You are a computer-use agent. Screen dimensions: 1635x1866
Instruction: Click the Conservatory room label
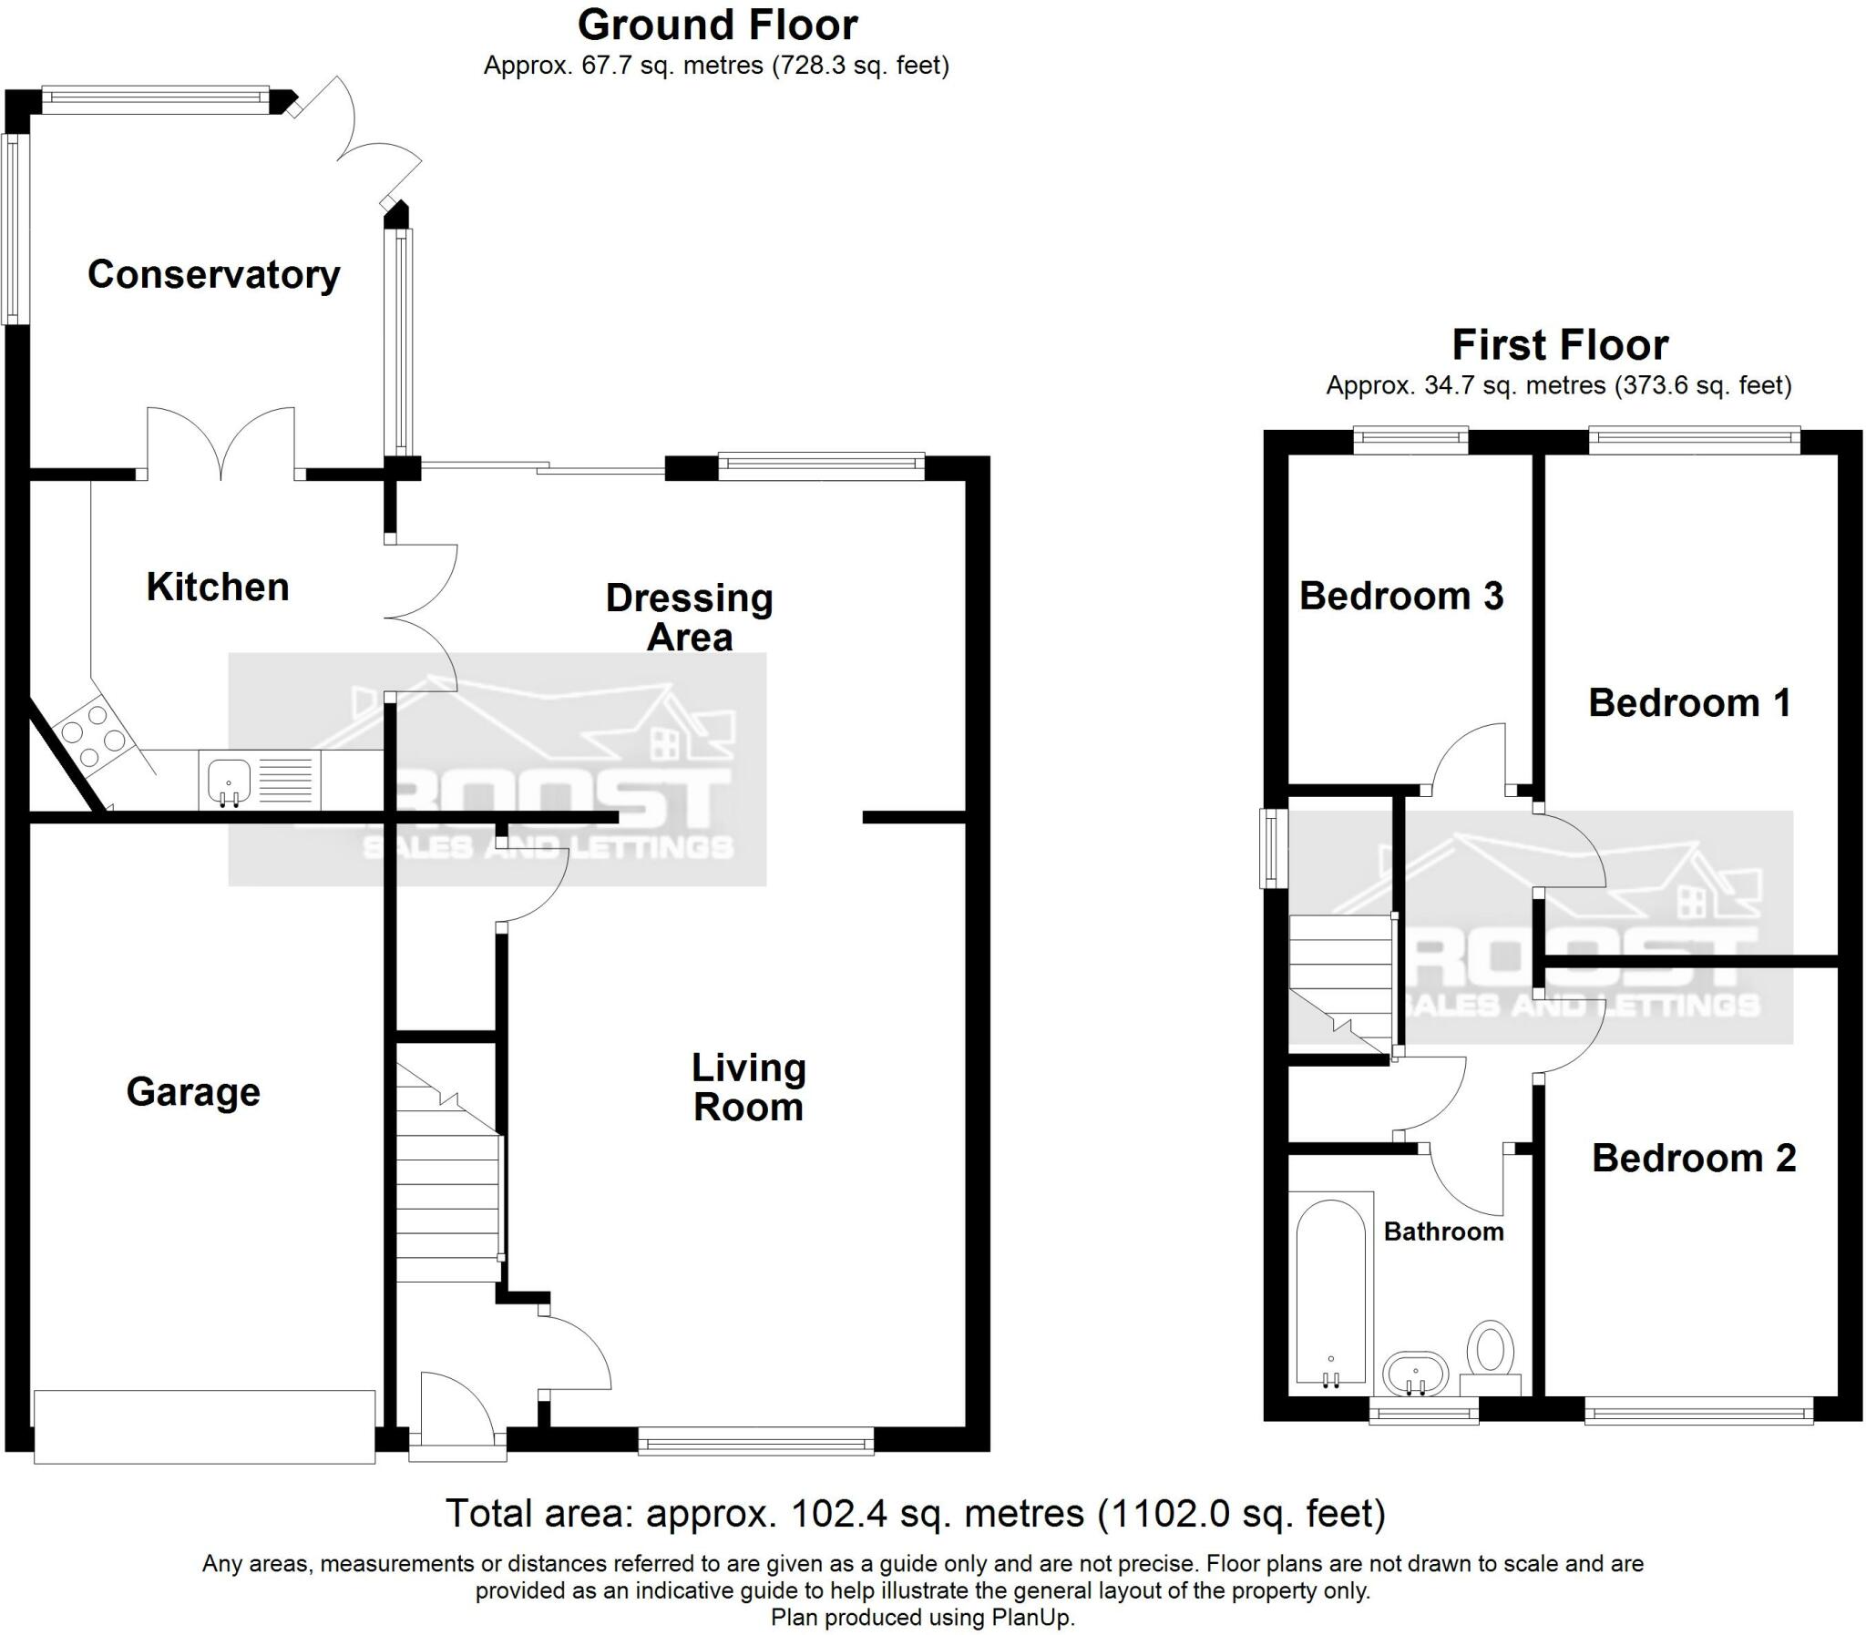[213, 275]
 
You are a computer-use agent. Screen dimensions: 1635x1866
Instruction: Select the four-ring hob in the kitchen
[91, 732]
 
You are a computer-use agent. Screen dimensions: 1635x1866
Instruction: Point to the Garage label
[192, 1091]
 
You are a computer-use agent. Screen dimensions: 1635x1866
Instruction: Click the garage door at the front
[204, 1426]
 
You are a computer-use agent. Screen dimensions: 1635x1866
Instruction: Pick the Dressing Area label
[689, 618]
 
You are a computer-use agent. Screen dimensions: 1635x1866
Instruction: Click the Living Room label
[748, 1087]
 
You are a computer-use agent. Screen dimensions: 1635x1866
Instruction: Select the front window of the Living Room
[755, 1443]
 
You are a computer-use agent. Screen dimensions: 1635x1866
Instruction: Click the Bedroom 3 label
[1400, 596]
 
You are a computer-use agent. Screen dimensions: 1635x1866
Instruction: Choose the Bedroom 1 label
[1689, 702]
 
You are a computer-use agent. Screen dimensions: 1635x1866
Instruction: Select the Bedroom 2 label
[1694, 1158]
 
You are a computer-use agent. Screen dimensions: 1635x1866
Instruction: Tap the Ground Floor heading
[717, 25]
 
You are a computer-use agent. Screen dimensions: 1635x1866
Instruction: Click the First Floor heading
[1560, 345]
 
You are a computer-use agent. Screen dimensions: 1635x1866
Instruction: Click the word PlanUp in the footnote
[1036, 1618]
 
